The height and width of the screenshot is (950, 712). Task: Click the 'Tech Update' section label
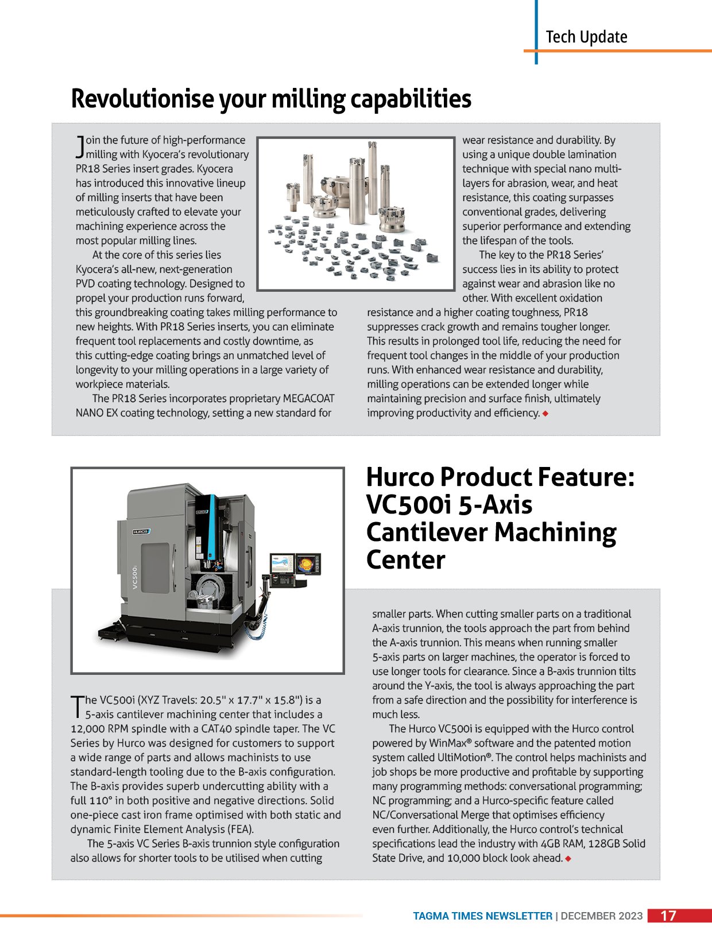(586, 37)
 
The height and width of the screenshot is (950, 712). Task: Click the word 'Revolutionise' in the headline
(142, 99)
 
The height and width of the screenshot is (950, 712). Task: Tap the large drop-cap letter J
(80, 147)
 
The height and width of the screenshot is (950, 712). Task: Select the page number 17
(668, 916)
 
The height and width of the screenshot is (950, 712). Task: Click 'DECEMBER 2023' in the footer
(602, 916)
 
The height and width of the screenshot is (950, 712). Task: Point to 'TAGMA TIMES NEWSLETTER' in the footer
(482, 916)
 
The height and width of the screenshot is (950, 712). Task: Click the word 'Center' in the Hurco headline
(405, 560)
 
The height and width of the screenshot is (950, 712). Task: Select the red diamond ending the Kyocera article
(545, 414)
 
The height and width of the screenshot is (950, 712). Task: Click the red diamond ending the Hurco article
(568, 859)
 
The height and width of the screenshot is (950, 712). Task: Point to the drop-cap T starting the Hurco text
(76, 707)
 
